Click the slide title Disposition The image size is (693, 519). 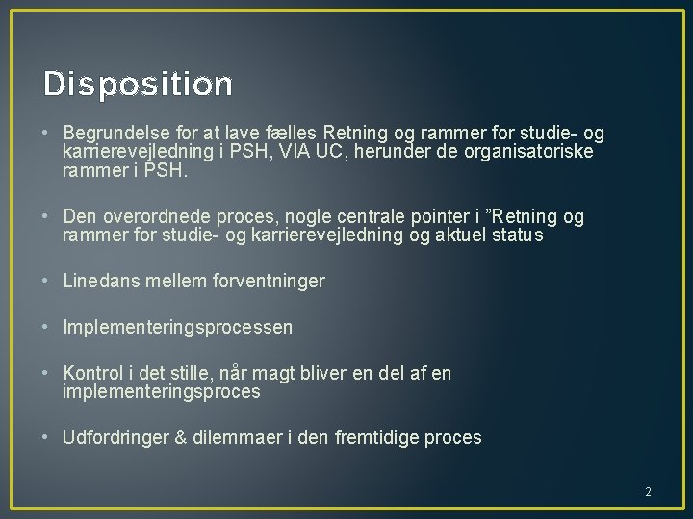138,85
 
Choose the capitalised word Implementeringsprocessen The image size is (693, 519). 178,328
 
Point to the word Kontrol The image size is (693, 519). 93,373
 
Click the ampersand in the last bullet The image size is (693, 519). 181,438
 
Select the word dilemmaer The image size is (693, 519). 237,438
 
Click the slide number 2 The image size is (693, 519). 648,492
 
